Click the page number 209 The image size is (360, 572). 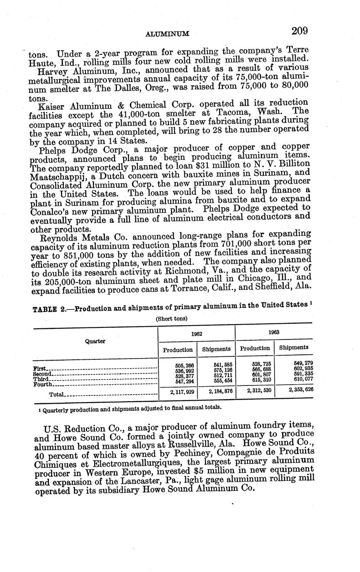[x=299, y=31]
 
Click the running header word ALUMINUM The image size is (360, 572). [x=168, y=34]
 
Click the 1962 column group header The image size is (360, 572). [x=197, y=333]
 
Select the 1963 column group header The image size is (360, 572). [x=274, y=332]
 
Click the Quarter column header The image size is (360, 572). [x=95, y=341]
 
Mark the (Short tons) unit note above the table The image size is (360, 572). [x=171, y=319]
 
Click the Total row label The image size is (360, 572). [x=56, y=395]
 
